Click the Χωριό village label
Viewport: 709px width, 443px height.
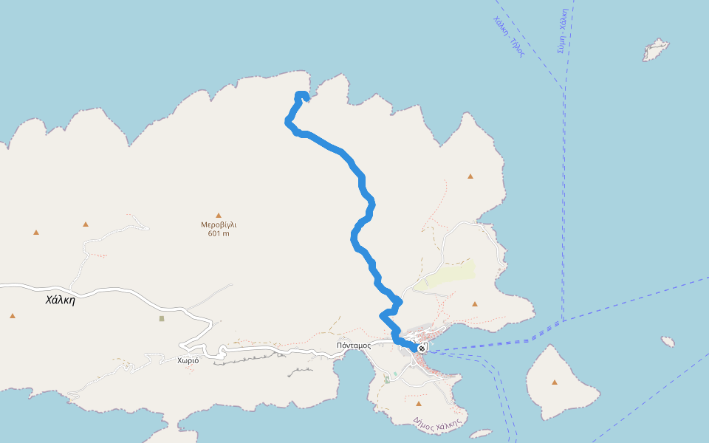(x=188, y=361)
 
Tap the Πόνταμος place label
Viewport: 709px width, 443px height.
(x=353, y=346)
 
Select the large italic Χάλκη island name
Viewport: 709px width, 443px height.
(x=60, y=300)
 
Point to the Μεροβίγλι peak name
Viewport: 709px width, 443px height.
(x=219, y=224)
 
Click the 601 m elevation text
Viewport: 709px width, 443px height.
(x=219, y=233)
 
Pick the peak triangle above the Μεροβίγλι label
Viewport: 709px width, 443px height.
(x=219, y=216)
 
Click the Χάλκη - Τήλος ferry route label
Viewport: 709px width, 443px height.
(x=508, y=37)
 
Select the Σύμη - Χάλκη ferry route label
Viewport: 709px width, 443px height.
(x=562, y=32)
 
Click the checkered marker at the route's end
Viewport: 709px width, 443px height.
(x=422, y=348)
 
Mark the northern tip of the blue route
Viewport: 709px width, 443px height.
(x=301, y=94)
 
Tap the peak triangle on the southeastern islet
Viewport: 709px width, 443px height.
(x=554, y=382)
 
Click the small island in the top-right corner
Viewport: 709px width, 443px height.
(x=655, y=50)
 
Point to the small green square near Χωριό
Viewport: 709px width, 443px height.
(x=162, y=318)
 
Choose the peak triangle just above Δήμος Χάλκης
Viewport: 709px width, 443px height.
(x=419, y=404)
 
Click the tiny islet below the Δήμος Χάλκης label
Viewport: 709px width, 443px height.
(x=481, y=434)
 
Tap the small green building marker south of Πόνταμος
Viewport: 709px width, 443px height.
(x=387, y=380)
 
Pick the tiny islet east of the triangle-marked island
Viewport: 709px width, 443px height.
(x=668, y=342)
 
